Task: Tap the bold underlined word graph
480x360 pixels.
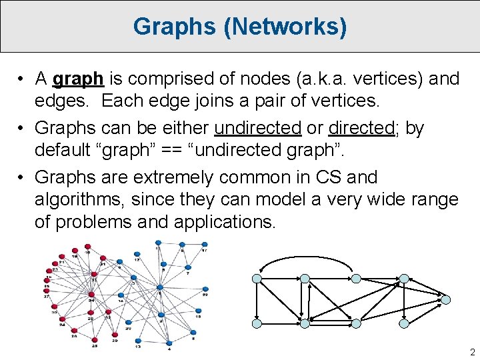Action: [x=78, y=79]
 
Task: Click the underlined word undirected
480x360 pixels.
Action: [x=258, y=128]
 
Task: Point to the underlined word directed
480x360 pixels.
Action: [x=362, y=128]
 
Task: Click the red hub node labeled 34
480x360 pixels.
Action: [x=91, y=294]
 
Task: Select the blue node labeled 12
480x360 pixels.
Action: [x=137, y=254]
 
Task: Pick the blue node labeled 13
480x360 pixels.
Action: [x=138, y=341]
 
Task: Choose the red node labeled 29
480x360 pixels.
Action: [x=115, y=334]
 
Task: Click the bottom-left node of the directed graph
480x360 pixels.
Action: [x=257, y=323]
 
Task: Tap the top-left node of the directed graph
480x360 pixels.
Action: [x=257, y=279]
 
